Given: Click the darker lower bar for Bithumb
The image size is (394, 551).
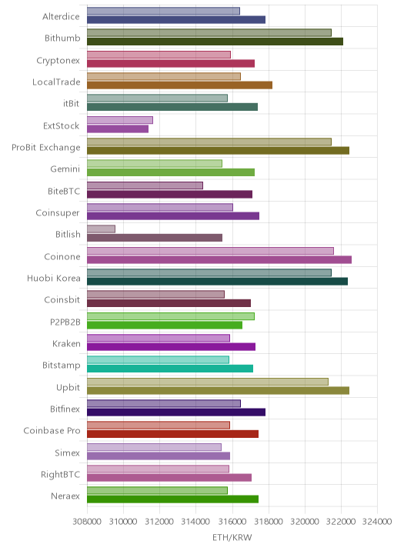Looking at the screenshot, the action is pyautogui.click(x=215, y=42).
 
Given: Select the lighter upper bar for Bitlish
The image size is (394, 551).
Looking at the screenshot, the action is pyautogui.click(x=102, y=229).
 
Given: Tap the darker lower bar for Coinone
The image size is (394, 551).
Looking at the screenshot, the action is pyautogui.click(x=219, y=259).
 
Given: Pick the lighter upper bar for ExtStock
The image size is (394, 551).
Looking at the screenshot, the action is pyautogui.click(x=120, y=120).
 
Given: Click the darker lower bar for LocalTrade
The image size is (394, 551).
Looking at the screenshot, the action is pyautogui.click(x=179, y=85).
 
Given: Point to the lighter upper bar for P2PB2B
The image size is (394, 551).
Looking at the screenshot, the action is pyautogui.click(x=171, y=316).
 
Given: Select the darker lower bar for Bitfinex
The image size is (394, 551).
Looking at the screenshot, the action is pyautogui.click(x=176, y=412).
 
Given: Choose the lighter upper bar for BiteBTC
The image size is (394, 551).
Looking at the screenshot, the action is pyautogui.click(x=145, y=185).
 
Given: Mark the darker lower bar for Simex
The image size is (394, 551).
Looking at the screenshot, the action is pyautogui.click(x=159, y=456).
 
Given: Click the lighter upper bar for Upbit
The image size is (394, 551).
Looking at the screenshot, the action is pyautogui.click(x=208, y=382).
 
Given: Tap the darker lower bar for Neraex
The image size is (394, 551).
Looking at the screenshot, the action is pyautogui.click(x=173, y=499).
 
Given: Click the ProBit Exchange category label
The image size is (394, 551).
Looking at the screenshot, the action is pyautogui.click(x=45, y=148).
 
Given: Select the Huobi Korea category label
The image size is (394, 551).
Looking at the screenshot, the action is pyautogui.click(x=54, y=279).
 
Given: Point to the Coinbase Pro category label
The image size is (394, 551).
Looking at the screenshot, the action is pyautogui.click(x=52, y=430).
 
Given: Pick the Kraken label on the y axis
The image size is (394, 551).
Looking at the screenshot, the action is pyautogui.click(x=66, y=344).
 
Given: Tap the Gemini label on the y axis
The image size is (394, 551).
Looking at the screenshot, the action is pyautogui.click(x=65, y=169).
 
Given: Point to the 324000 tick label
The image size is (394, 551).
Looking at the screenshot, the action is pyautogui.click(x=377, y=521).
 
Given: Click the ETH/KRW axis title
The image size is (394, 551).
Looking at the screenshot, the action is pyautogui.click(x=232, y=537).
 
